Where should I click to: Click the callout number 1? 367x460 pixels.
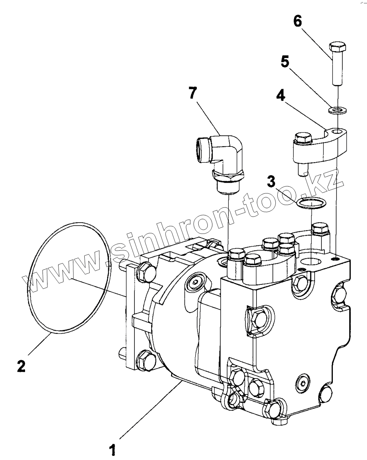112,450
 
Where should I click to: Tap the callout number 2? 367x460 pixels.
21,366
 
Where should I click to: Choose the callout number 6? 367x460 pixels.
297,21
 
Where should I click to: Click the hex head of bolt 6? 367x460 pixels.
337,48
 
